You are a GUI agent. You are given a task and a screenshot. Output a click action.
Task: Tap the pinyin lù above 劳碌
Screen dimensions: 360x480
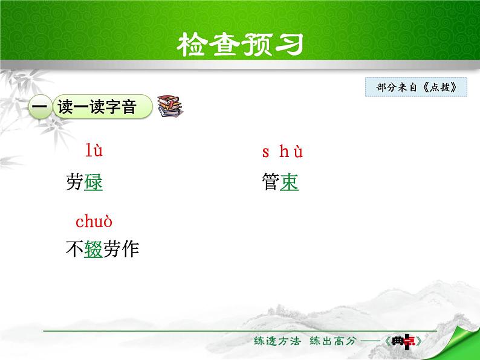94,150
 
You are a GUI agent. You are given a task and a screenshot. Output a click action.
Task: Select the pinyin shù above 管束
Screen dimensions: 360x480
282,152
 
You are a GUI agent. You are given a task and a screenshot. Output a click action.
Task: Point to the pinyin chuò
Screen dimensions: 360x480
94,222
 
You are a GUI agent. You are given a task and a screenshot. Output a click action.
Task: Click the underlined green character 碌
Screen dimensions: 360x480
94,182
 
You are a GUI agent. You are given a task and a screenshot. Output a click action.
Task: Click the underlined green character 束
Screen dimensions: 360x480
289,182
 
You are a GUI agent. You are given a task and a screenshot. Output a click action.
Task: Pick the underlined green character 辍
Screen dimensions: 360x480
94,249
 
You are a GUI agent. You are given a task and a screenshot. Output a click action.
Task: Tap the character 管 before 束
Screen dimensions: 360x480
270,182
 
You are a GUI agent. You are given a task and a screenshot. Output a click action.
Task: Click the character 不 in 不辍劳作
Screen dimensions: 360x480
74,249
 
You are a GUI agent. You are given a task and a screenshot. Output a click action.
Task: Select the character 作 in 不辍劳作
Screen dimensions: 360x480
130,249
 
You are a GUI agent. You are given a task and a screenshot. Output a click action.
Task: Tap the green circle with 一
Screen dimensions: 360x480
39,108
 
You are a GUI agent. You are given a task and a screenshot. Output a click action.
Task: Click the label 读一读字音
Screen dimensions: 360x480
96,107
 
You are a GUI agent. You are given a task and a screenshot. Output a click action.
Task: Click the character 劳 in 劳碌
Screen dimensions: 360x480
74,182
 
